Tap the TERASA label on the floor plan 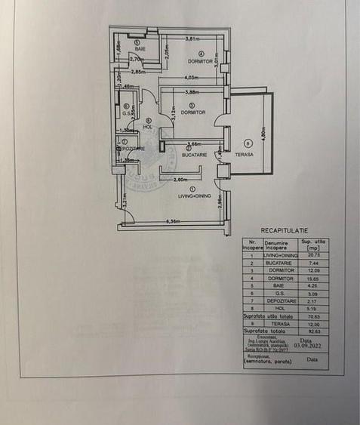coord(243,154)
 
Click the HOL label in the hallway coord(148,126)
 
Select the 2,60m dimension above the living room coord(180,180)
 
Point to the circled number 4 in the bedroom coord(202,53)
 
